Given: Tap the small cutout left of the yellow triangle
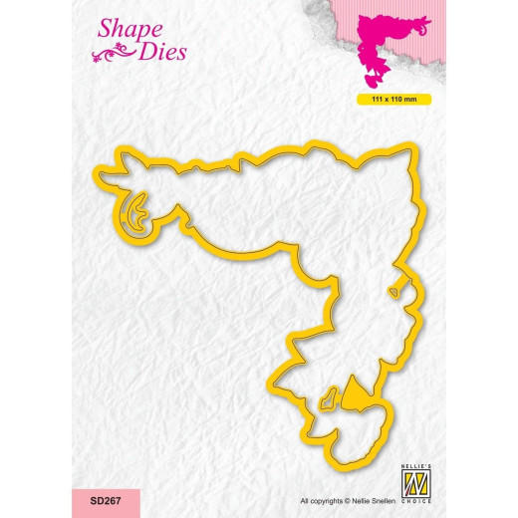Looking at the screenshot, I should (324, 403).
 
